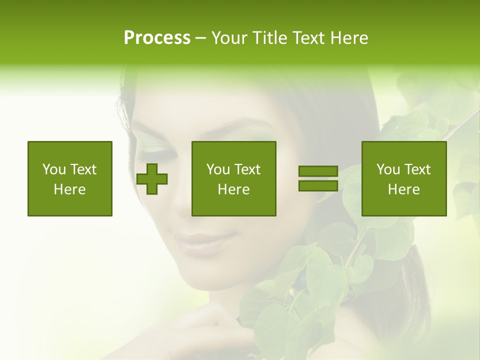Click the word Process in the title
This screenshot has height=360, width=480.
(157, 38)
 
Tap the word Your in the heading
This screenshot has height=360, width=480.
(229, 38)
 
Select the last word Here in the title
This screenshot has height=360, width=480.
(349, 38)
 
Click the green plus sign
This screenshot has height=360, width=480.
(152, 179)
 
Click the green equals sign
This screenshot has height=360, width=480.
(318, 179)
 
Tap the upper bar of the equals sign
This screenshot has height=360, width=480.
(318, 172)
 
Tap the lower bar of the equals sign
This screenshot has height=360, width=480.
(318, 186)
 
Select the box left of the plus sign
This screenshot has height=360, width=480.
(70, 178)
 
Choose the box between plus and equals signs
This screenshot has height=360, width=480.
(234, 178)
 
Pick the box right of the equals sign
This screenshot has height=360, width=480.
(404, 178)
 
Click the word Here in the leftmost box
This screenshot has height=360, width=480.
(70, 189)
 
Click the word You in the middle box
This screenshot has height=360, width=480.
(218, 169)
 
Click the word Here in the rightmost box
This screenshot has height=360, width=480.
(404, 189)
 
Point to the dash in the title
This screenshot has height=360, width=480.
(201, 38)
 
